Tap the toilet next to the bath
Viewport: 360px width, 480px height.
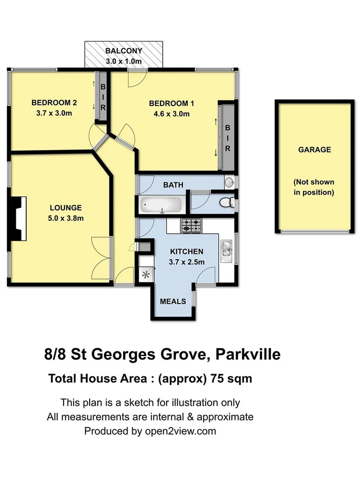point(226,202)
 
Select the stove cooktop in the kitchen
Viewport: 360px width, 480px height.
point(191,226)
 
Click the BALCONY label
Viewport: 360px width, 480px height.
point(124,51)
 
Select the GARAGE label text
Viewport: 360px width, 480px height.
point(314,150)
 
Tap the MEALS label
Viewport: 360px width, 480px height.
point(173,301)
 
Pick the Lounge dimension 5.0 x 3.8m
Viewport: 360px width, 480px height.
point(66,218)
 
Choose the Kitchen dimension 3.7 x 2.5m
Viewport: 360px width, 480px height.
point(186,261)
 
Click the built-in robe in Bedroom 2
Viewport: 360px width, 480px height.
point(103,96)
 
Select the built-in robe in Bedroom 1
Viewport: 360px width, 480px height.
point(227,138)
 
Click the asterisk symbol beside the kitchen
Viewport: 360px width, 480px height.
point(146,275)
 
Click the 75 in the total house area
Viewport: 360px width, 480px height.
point(218,379)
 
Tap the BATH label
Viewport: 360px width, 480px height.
point(173,185)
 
